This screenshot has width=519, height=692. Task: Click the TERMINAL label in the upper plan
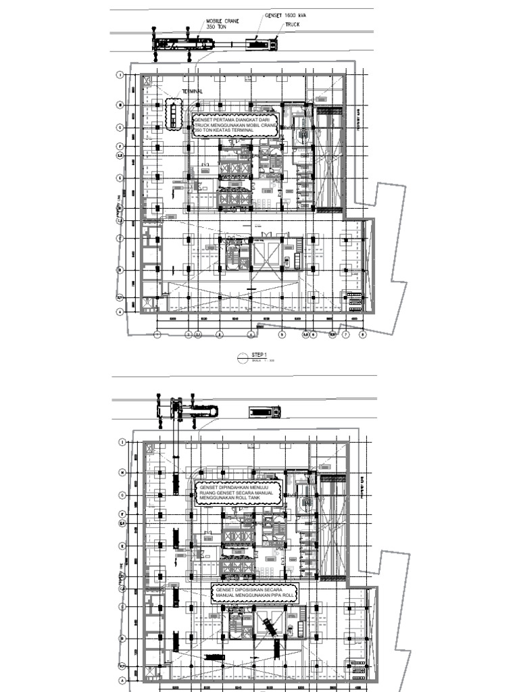(193, 91)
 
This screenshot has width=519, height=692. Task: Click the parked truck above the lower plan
(265, 411)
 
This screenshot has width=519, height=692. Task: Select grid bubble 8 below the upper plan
(363, 334)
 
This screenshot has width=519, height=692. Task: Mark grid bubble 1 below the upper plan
(157, 334)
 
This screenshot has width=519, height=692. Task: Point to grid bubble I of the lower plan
(122, 443)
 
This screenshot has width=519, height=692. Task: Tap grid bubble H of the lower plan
(122, 472)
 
